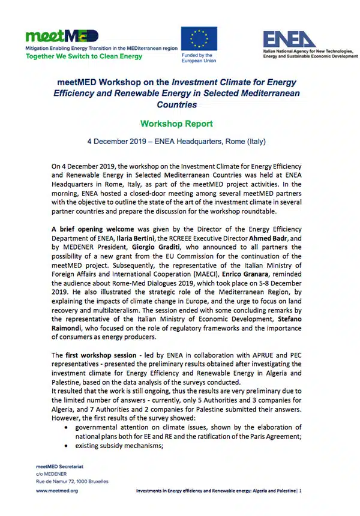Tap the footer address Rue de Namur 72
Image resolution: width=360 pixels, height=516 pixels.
(65, 481)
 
